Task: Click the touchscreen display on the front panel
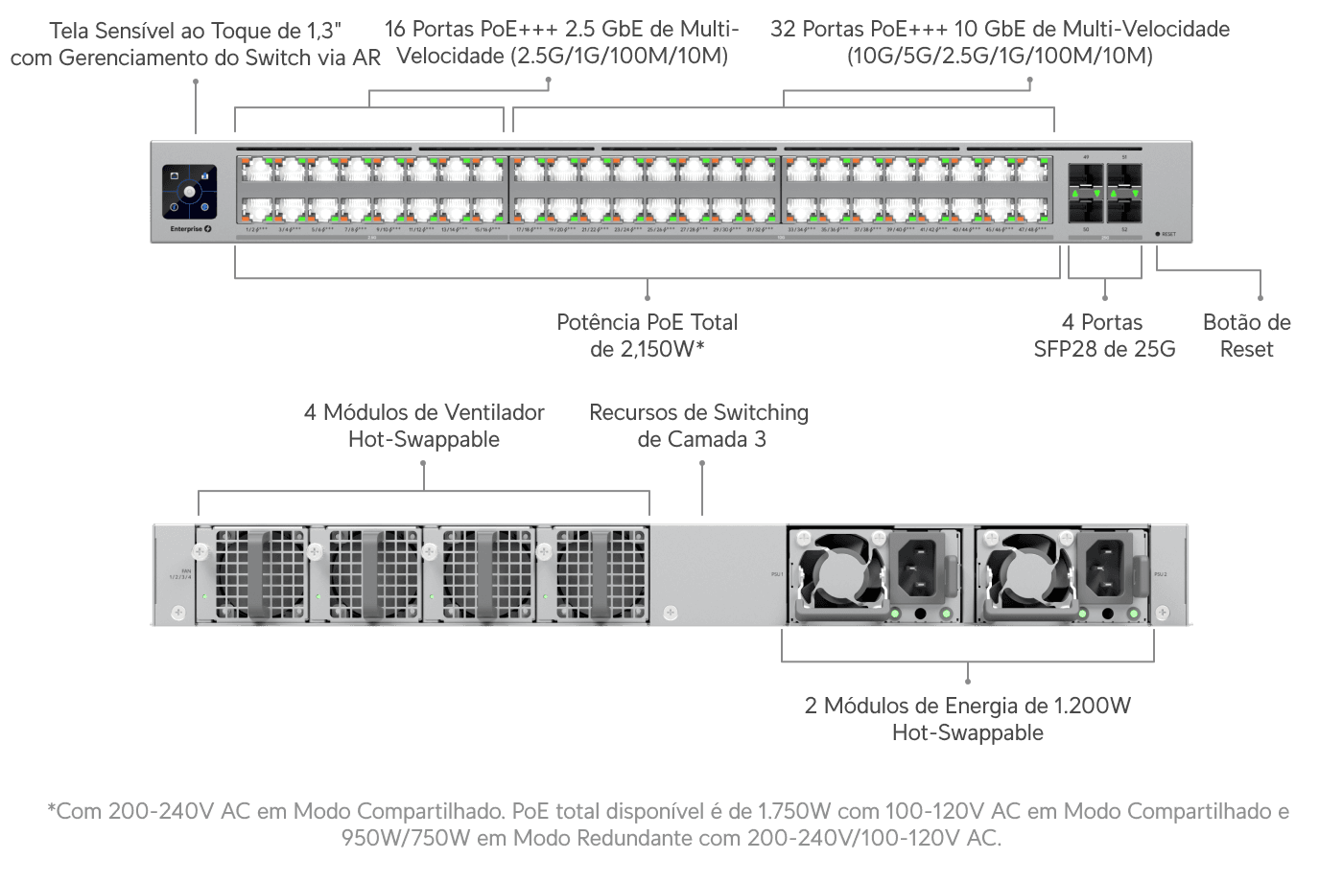(189, 192)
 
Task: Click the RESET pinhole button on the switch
(1158, 234)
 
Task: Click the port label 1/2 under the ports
(254, 230)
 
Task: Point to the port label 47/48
(1032, 230)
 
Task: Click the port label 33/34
(801, 230)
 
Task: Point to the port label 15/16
(487, 230)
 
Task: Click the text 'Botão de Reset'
(1246, 336)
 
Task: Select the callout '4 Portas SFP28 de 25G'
(1104, 336)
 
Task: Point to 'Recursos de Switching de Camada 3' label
(699, 426)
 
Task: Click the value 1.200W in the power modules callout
(1092, 707)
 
